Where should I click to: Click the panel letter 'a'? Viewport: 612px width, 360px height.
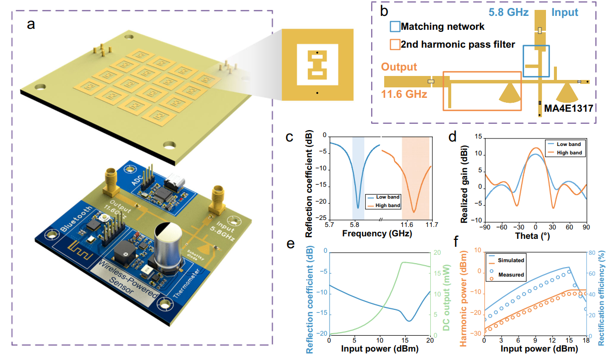(x=31, y=25)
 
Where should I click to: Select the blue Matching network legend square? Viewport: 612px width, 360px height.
(x=395, y=26)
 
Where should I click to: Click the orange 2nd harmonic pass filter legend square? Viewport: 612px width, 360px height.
(x=395, y=45)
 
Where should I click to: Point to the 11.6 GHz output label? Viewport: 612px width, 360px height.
(x=404, y=93)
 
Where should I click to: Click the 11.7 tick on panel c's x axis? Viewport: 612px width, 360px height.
(x=430, y=224)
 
